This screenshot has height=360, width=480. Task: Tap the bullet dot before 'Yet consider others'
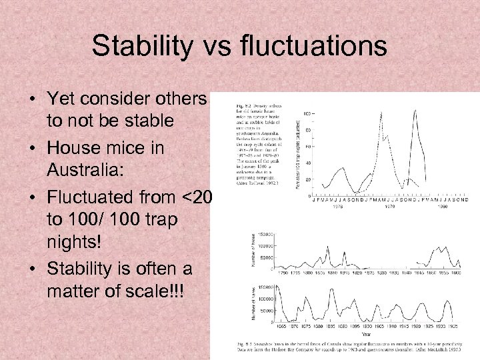click(x=33, y=100)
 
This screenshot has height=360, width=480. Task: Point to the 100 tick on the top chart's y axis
click(x=309, y=116)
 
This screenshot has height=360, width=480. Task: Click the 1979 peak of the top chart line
click(x=415, y=111)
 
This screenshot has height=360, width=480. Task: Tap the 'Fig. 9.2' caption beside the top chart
click(x=245, y=105)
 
